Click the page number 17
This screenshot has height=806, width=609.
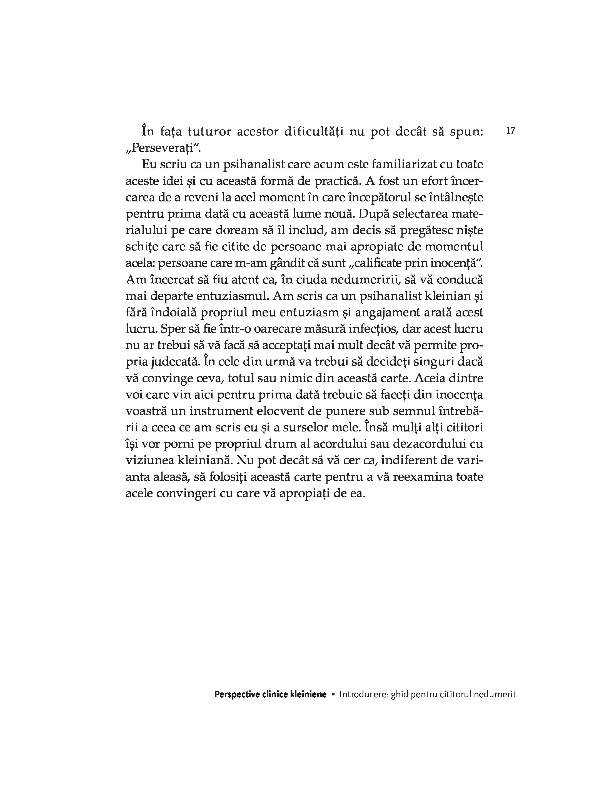pyautogui.click(x=510, y=131)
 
